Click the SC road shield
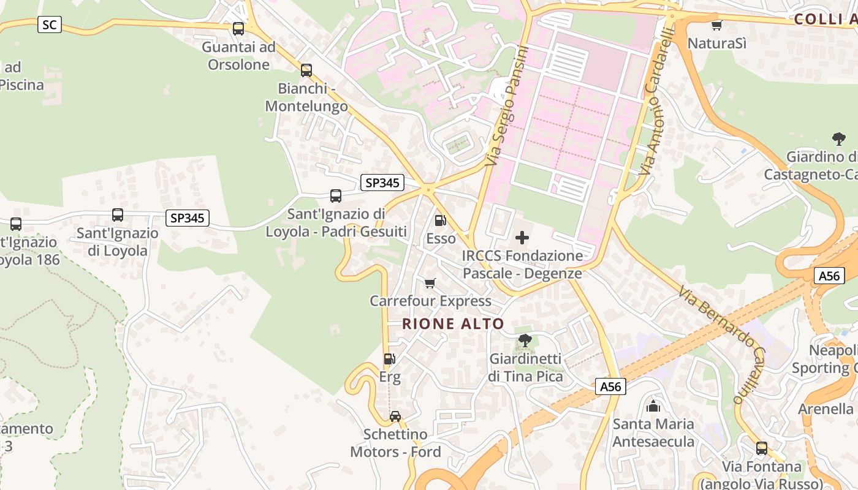click(50, 24)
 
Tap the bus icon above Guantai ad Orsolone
click(238, 29)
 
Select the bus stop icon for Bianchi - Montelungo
click(306, 70)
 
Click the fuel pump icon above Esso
click(440, 221)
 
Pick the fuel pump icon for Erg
click(389, 359)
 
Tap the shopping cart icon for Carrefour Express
click(430, 283)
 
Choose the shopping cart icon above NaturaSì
click(716, 25)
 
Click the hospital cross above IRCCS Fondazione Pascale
click(522, 238)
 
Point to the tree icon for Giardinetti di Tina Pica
click(525, 341)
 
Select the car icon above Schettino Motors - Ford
click(395, 417)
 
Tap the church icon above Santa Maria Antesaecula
click(653, 406)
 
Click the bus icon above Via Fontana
click(762, 448)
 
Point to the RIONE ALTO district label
click(453, 324)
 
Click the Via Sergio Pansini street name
click(506, 106)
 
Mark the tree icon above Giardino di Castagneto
click(839, 139)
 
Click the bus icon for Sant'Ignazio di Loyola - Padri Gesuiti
click(336, 196)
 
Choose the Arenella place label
click(826, 409)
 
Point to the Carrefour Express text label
click(430, 301)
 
